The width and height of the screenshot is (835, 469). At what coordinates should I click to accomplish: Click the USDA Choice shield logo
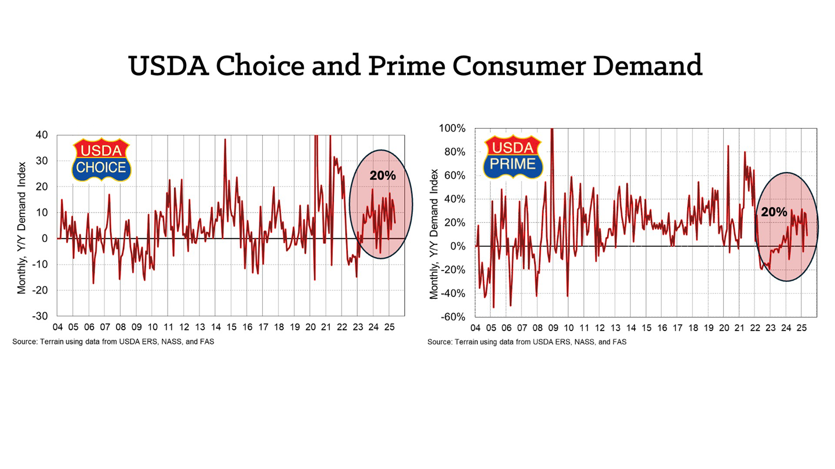(x=102, y=160)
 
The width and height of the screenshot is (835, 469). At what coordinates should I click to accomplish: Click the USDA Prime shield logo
(x=513, y=157)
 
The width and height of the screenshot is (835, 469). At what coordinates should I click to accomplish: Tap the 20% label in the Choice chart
(x=382, y=175)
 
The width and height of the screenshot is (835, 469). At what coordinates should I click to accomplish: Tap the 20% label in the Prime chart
(x=774, y=212)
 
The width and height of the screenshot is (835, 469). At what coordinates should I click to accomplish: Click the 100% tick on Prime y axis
(x=453, y=128)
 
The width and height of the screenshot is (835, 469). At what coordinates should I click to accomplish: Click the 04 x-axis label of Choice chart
(x=57, y=327)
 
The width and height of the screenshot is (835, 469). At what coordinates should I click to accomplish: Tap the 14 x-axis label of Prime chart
(x=631, y=328)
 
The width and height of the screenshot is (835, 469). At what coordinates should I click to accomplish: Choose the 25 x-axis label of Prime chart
(x=802, y=328)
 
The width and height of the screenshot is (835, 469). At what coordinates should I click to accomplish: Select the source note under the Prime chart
(x=527, y=342)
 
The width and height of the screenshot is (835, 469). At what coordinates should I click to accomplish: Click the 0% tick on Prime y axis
(x=458, y=246)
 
